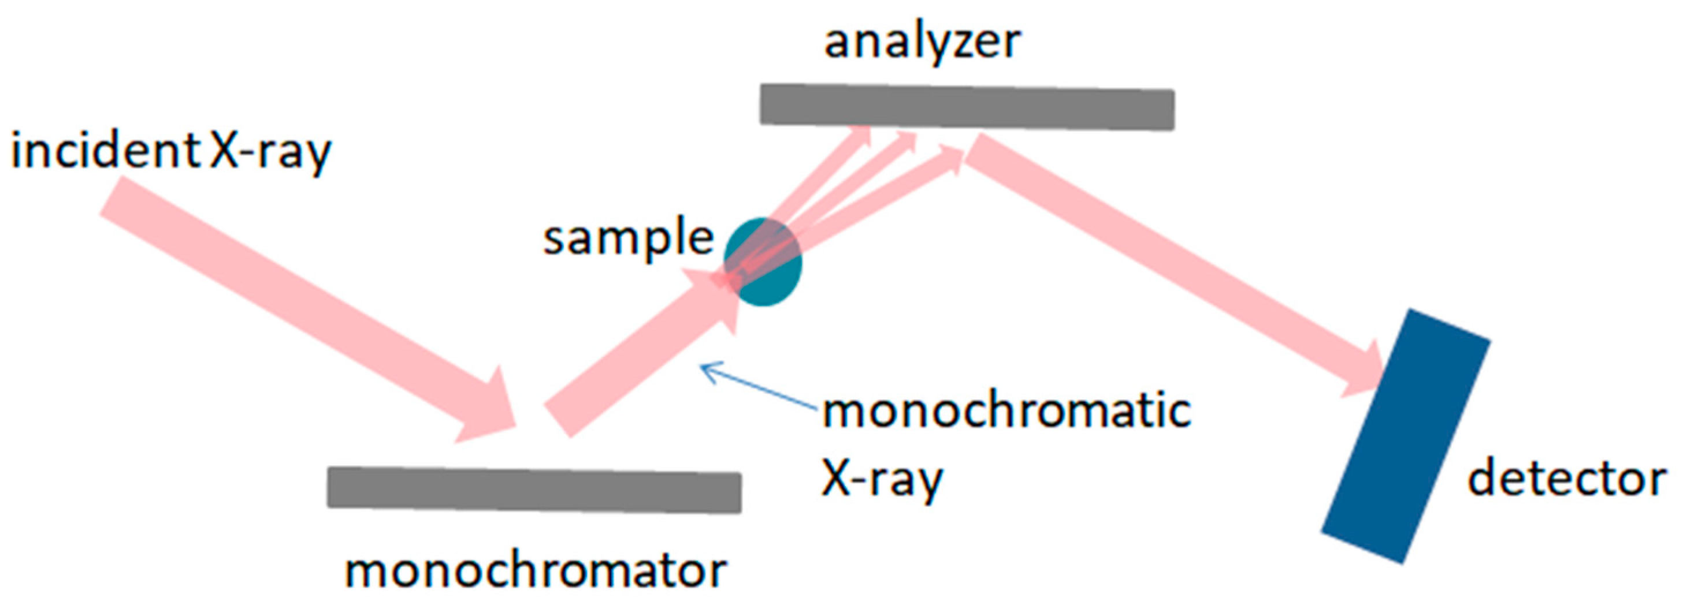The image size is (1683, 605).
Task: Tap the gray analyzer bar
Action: (967, 106)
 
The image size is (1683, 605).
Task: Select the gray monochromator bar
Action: (534, 490)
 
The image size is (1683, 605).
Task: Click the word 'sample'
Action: (629, 238)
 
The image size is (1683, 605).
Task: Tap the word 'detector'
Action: (1567, 480)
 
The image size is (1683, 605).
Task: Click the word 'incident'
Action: (105, 151)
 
